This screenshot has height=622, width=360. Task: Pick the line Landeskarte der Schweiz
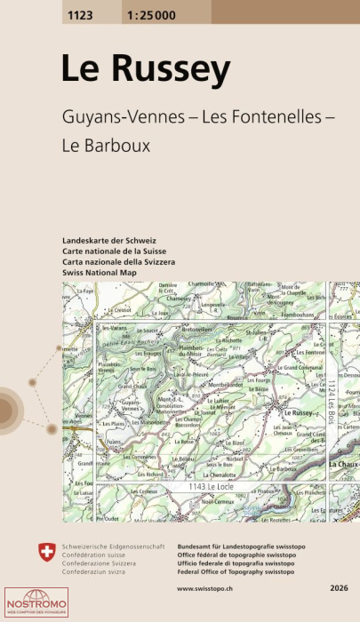(109, 242)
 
